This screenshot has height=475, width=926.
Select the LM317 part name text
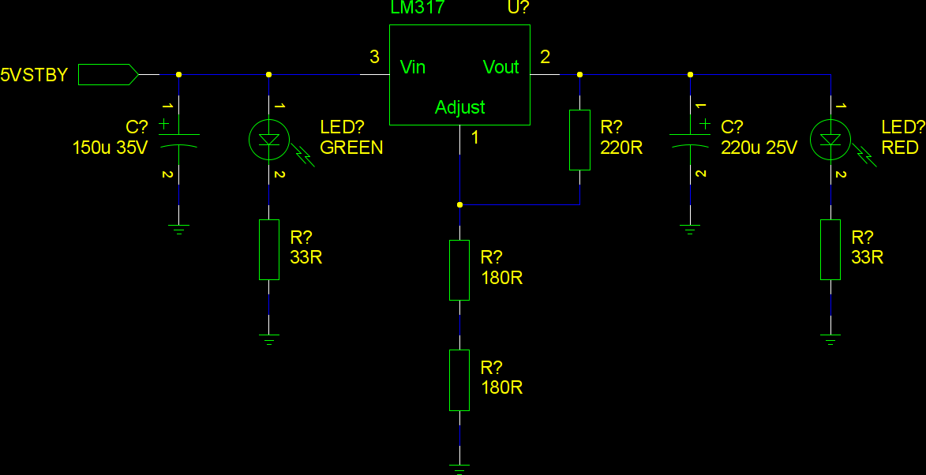418,8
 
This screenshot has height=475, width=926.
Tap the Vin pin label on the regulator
413,67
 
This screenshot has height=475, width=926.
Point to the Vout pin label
501,67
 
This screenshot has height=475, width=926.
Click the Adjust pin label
459,107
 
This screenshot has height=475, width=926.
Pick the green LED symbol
268,139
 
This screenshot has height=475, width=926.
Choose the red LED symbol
830,139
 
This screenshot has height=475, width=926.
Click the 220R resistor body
579,140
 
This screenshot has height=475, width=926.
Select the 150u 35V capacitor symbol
178,140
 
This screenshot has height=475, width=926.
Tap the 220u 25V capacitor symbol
690,140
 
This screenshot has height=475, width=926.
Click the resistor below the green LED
268,249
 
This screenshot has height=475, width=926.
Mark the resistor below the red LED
830,249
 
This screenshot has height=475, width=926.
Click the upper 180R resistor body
459,270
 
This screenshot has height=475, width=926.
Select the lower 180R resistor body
459,380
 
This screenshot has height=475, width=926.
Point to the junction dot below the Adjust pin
459,204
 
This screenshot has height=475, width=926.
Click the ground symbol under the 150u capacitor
178,230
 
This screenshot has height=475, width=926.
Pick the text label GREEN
351,148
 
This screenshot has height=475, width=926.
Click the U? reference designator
518,8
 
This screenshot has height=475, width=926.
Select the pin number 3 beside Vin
374,57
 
